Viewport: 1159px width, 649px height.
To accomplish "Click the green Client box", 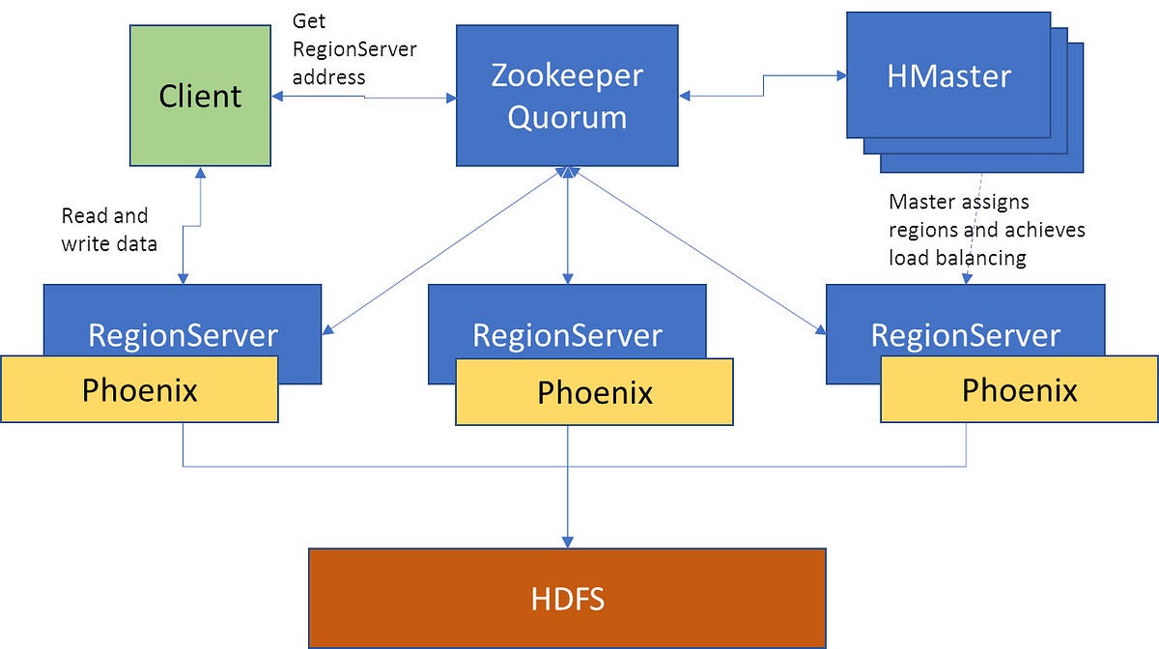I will pyautogui.click(x=201, y=95).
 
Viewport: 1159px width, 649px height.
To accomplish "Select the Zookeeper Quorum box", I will pyautogui.click(x=567, y=95).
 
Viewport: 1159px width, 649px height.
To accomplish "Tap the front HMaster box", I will pyautogui.click(x=948, y=75).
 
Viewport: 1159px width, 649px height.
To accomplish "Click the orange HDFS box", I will pyautogui.click(x=567, y=598).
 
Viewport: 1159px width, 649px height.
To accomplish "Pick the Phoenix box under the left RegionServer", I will pyautogui.click(x=139, y=389).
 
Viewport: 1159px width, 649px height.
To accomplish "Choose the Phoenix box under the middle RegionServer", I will pyautogui.click(x=594, y=393).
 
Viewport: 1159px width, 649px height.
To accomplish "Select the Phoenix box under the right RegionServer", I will pyautogui.click(x=1019, y=390).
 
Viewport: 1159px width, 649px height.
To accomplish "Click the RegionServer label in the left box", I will pyautogui.click(x=183, y=335).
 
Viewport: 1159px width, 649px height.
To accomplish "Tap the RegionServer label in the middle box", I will pyautogui.click(x=567, y=335).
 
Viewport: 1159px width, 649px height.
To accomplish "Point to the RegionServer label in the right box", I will pyautogui.click(x=965, y=335).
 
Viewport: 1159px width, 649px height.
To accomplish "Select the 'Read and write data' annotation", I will pyautogui.click(x=108, y=230).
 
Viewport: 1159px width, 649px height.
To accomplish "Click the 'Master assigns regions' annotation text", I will pyautogui.click(x=986, y=230).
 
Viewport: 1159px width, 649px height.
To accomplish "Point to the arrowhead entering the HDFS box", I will pyautogui.click(x=567, y=541).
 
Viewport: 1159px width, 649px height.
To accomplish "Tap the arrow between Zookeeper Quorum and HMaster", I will pyautogui.click(x=763, y=87).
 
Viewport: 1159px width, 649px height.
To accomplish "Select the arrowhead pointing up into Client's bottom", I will pyautogui.click(x=201, y=173).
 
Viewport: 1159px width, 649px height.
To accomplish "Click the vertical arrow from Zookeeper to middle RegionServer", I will pyautogui.click(x=567, y=227).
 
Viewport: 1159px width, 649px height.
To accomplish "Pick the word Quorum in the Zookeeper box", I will pyautogui.click(x=567, y=116).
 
